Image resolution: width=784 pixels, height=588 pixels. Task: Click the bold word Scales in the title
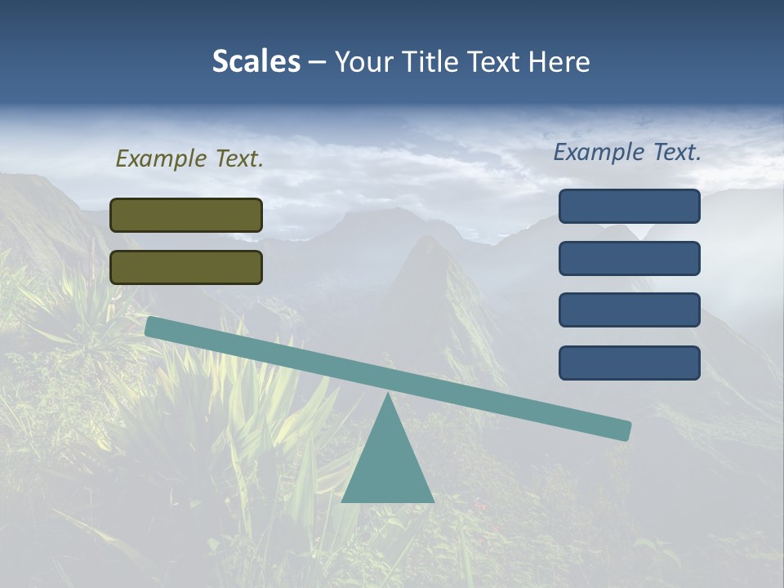pos(256,61)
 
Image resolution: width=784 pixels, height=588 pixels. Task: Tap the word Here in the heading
pos(558,61)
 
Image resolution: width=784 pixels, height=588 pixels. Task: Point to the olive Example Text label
pos(189,159)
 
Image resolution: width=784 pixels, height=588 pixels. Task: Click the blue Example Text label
pos(627,152)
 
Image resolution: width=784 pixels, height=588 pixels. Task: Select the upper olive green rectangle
pos(186,215)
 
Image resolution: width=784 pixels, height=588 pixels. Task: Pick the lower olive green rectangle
pos(186,267)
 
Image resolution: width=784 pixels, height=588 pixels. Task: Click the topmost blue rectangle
pos(629,206)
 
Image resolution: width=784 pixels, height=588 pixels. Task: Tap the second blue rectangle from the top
pos(629,258)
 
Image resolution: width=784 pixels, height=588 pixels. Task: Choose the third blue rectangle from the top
pos(629,310)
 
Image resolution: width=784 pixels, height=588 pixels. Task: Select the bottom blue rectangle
pos(629,363)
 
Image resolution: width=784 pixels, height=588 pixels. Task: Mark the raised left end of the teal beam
pos(152,327)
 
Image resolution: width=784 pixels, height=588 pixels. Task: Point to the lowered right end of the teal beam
pos(624,430)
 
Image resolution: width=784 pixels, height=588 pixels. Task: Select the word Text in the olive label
pos(238,159)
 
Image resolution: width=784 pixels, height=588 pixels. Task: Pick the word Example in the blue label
pos(598,152)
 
